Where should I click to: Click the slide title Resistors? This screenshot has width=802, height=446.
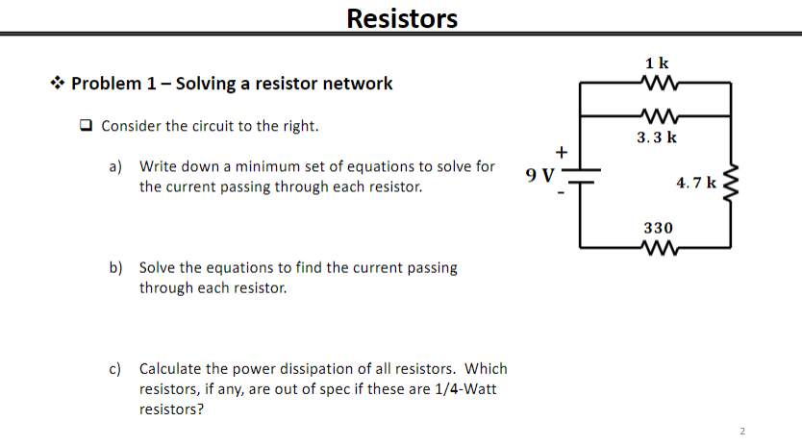point(401,18)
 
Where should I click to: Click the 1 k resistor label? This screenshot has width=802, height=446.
point(658,63)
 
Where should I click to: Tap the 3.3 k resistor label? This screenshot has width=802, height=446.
point(658,137)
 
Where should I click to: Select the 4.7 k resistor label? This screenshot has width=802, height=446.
point(695,182)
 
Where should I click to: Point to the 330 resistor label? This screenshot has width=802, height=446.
point(658,228)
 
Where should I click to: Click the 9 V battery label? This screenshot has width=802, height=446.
point(540,175)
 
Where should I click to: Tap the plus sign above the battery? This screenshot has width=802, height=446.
point(563,151)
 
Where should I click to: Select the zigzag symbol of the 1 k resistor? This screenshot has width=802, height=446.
point(658,83)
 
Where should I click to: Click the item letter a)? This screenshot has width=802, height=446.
point(114,167)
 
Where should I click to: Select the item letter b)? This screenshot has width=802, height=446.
point(114,267)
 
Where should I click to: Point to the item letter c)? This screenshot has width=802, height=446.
point(114,369)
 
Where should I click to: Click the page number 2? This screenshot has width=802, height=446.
point(742,431)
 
